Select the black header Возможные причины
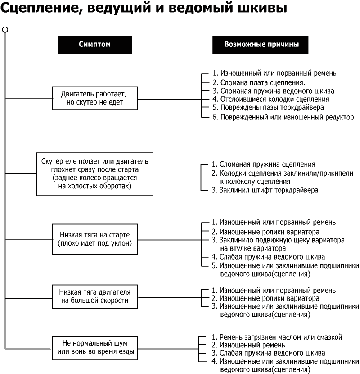coord(261,45)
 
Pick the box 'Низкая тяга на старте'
coord(94,239)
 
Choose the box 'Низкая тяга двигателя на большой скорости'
coord(94,296)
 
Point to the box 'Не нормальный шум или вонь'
coord(94,347)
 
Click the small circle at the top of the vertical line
coord(5,30)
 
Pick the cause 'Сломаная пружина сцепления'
coord(267,164)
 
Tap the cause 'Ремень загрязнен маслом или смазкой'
coord(281,337)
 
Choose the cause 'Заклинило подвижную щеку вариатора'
coord(282,240)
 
